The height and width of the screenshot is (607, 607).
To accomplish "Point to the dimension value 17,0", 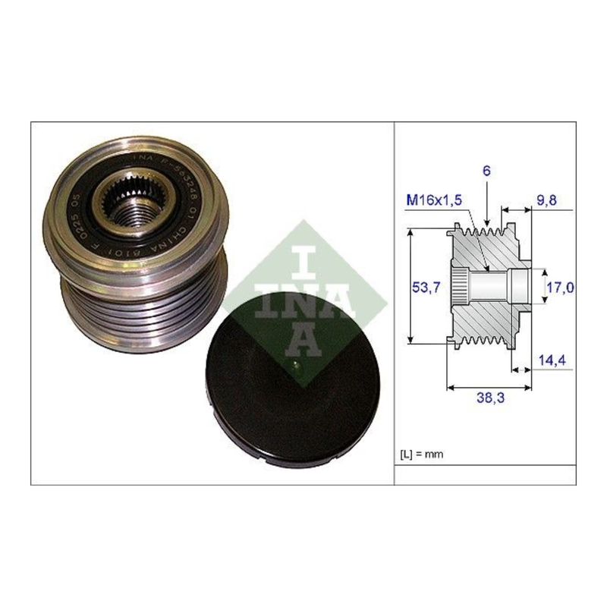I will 560,287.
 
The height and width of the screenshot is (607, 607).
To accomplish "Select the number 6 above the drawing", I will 486,171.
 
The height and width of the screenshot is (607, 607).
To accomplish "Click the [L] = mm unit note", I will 420,454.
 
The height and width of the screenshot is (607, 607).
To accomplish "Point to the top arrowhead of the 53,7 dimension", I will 410,232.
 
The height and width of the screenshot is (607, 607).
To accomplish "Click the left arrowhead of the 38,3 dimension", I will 451,387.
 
